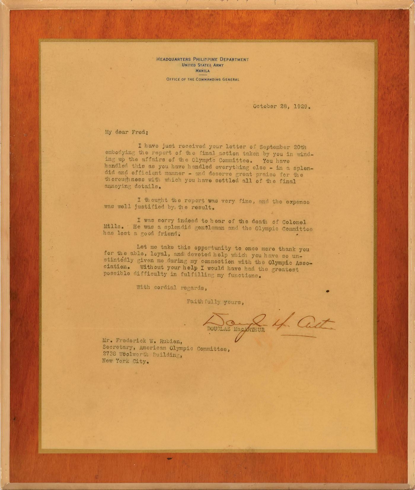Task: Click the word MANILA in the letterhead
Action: tap(202, 71)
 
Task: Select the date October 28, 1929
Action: tap(282, 106)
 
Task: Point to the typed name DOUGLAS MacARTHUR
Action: tap(236, 329)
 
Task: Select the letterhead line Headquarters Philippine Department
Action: tap(202, 59)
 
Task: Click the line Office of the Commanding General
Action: tap(202, 79)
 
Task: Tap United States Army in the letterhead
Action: tap(203, 65)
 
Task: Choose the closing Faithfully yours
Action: tap(215, 302)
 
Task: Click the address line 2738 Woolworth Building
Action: tap(142, 355)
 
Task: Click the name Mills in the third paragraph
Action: tap(112, 226)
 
